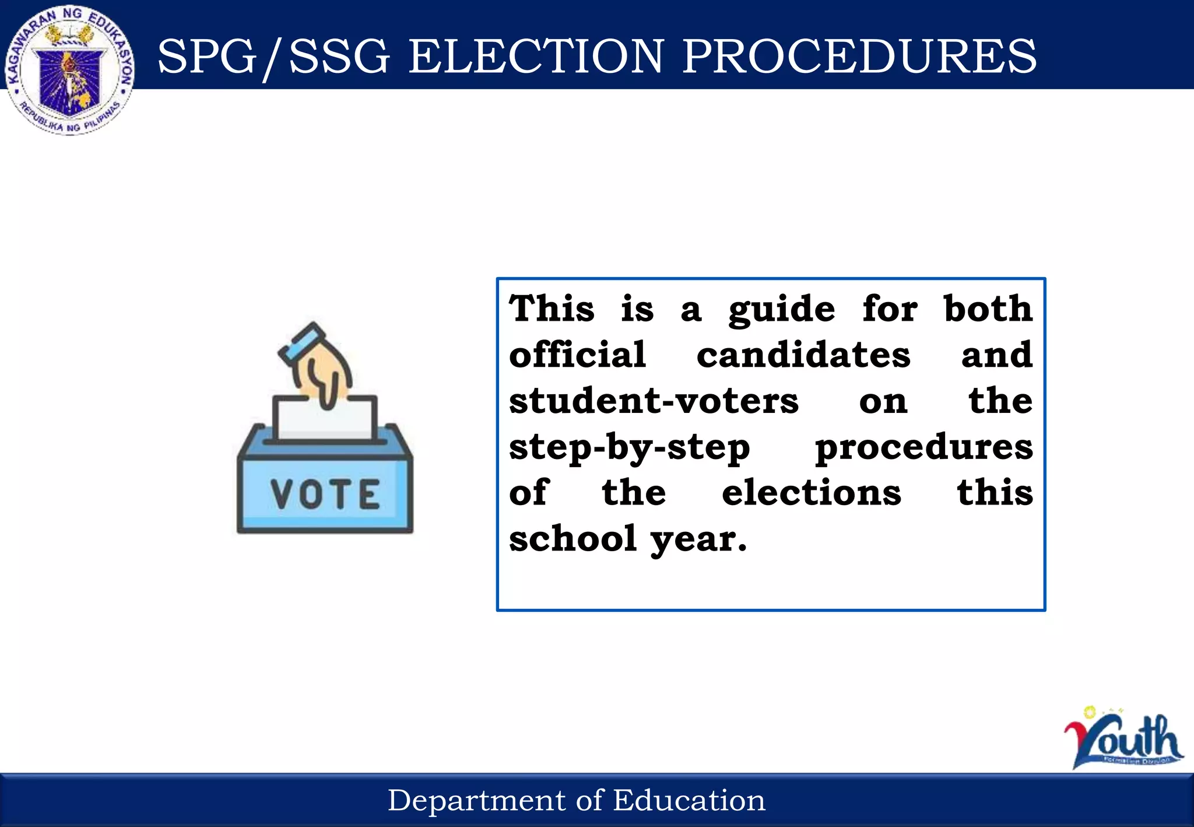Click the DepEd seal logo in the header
coord(70,70)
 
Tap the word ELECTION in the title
coord(536,57)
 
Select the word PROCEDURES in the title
coord(859,57)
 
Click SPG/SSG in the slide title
coord(273,57)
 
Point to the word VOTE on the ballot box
coord(325,494)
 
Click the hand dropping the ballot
coord(324,373)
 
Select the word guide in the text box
coord(781,309)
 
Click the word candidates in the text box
coord(803,355)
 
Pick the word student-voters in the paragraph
coord(654,401)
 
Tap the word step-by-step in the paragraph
coord(629,448)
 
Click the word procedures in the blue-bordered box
coord(923,448)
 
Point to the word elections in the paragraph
coord(812,493)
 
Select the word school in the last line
coord(573,538)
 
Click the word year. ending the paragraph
coord(698,539)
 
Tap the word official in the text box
coord(577,355)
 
